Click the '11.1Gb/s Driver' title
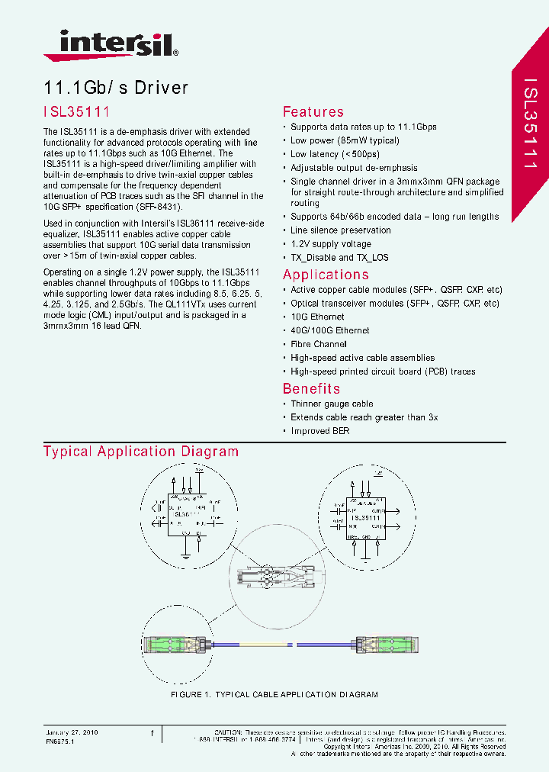tap(116, 88)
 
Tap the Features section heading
tap(313, 112)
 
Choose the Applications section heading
tap(326, 275)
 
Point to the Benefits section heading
tap(311, 388)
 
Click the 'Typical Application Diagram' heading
tap(141, 452)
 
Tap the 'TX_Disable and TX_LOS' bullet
tap(339, 258)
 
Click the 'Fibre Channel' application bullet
tap(318, 344)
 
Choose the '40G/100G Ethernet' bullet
tap(329, 330)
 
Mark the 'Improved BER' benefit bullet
tap(320, 431)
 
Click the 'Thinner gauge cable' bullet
tap(332, 404)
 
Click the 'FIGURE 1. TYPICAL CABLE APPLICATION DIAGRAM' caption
tap(274, 695)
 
